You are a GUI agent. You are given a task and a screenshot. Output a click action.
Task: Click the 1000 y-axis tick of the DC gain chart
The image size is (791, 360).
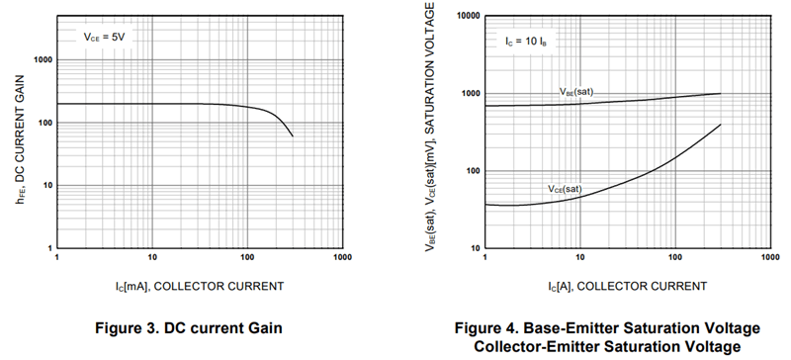(x=41, y=59)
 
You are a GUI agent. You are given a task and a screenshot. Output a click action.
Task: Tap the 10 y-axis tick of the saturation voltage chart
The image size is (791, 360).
(x=471, y=248)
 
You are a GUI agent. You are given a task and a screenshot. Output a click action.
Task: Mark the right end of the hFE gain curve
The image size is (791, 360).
(x=293, y=136)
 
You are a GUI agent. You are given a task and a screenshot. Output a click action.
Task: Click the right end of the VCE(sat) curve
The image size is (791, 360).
(x=720, y=125)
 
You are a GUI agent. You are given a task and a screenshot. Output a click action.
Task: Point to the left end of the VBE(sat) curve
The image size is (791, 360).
(x=485, y=106)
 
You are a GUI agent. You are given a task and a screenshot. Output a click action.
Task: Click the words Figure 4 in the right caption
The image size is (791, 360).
(x=502, y=327)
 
